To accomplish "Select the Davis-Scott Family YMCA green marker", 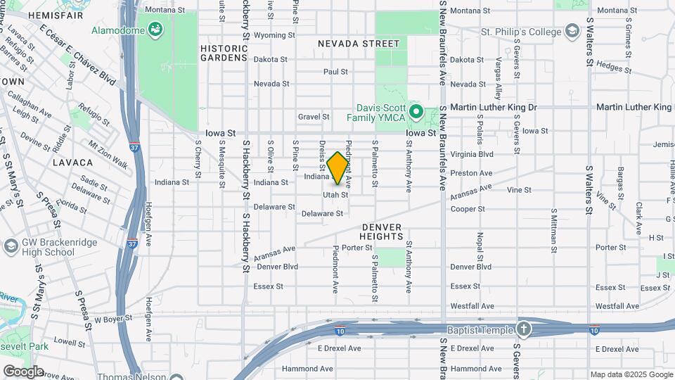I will (415, 112).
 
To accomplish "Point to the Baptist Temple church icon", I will (524, 329).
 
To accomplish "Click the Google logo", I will (23, 371).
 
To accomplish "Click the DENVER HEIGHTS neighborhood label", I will (382, 232).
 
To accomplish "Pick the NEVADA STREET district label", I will (359, 44).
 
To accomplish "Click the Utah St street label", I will (335, 194).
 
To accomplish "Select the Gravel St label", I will (309, 117).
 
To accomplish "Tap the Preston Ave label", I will (471, 173).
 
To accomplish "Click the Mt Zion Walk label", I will (108, 155).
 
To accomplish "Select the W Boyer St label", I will (113, 319).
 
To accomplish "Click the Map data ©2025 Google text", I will (630, 374).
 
